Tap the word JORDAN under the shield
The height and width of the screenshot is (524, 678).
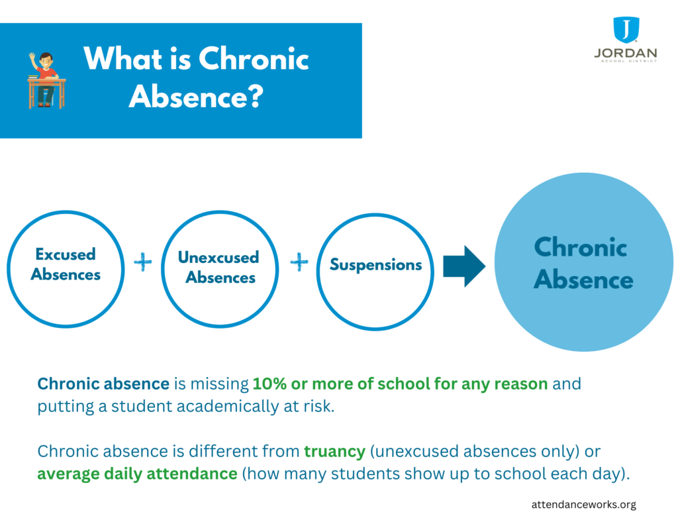[625, 52]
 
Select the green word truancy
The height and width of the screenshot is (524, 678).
[334, 451]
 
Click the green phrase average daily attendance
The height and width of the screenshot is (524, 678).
[137, 474]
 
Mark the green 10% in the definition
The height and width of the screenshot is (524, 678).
[266, 384]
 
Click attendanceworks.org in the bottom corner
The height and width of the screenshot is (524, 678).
[583, 504]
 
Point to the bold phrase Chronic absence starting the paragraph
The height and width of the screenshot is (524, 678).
[103, 384]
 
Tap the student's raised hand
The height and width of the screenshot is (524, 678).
[32, 58]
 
